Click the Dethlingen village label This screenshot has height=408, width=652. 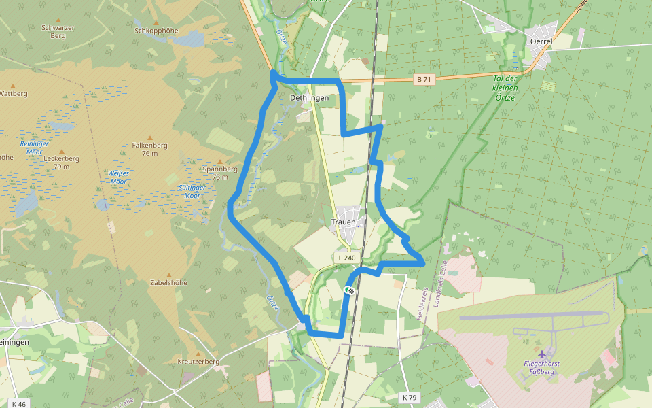309,98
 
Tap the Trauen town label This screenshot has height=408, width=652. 343,222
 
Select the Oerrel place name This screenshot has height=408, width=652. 541,41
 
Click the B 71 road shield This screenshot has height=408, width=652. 424,80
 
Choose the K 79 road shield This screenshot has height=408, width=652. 409,397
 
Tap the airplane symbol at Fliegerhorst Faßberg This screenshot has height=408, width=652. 542,354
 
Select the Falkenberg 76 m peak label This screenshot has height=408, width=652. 150,149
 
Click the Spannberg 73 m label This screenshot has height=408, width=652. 220,172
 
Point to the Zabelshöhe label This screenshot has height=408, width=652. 169,282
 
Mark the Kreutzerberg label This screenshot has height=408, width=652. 198,362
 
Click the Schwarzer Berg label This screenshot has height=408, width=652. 58,31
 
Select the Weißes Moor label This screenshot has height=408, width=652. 118,177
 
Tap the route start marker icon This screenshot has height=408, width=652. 350,290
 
